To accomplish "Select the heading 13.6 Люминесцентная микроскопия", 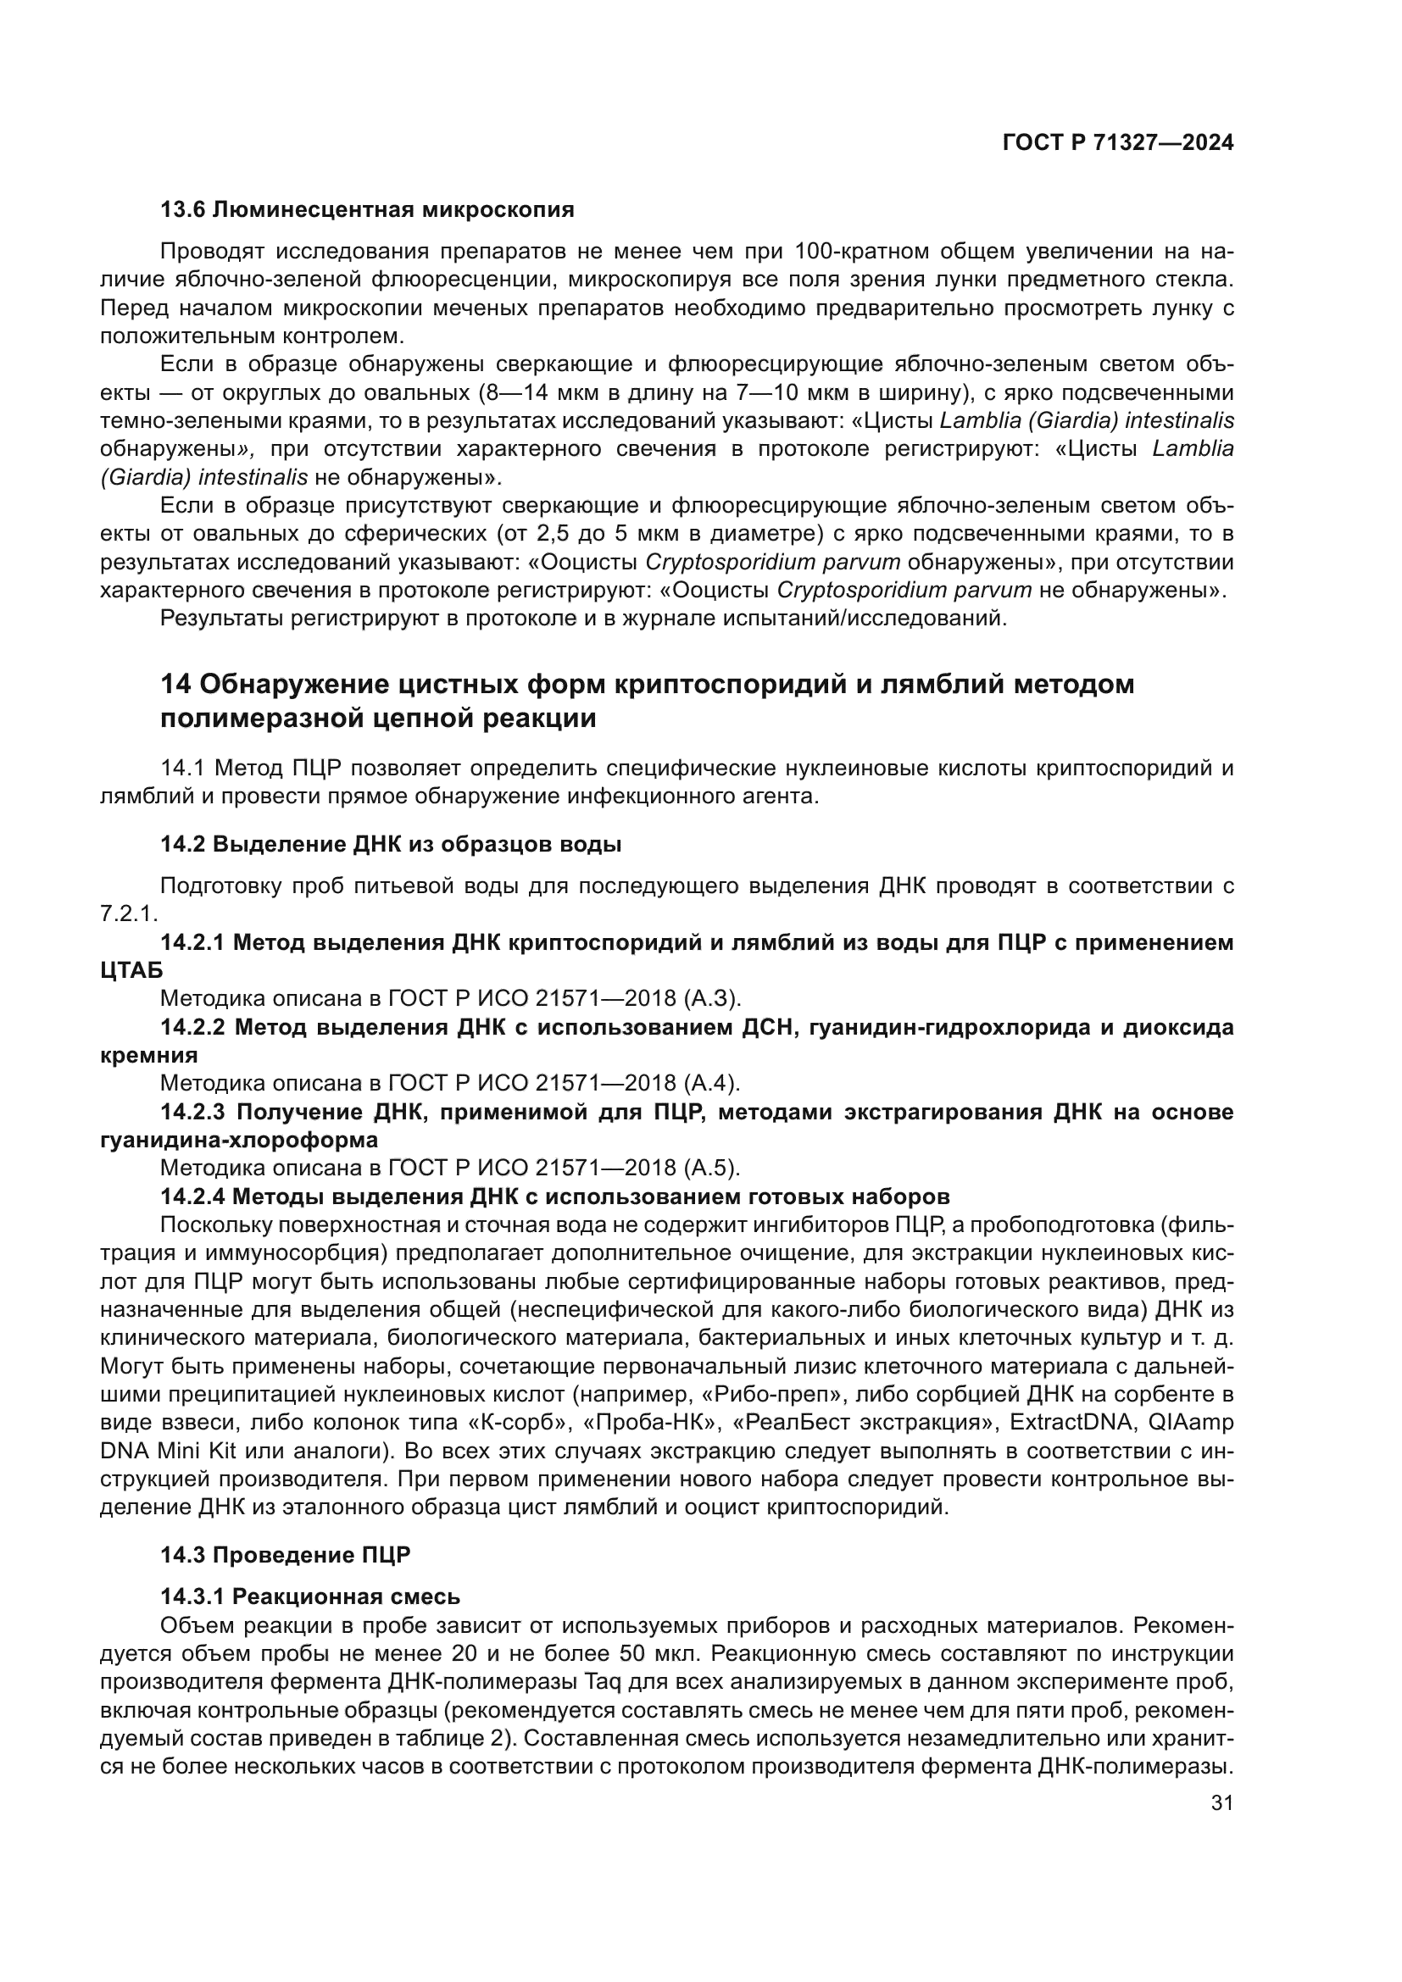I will (367, 210).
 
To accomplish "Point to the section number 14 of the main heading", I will (176, 685).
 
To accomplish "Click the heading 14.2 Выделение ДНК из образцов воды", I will (390, 844).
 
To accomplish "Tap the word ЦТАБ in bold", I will (131, 970).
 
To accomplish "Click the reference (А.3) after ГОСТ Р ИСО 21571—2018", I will (712, 999).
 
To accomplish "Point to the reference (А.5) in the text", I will (712, 1168).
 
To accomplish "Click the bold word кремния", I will (148, 1055).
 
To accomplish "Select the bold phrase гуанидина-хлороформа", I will (239, 1140).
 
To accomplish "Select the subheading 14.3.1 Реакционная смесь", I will (310, 1596).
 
